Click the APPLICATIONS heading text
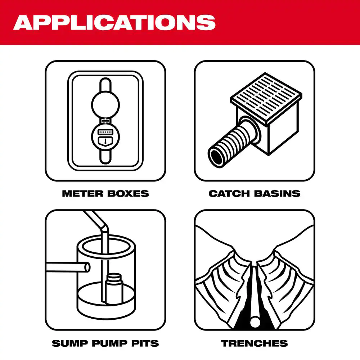coord(114,22)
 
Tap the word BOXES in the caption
coord(127,193)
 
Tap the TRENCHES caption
coord(255,343)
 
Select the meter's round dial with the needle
coord(105,136)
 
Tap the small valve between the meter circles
coord(105,121)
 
